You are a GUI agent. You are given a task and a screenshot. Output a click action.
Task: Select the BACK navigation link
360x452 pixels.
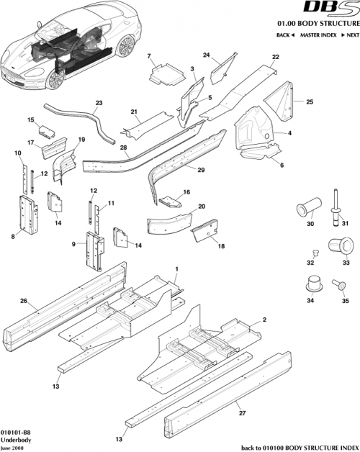point(287,35)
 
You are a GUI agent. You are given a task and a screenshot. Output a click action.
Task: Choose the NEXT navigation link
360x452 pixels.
point(348,35)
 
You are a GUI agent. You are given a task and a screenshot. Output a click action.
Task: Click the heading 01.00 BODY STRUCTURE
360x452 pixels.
point(318,23)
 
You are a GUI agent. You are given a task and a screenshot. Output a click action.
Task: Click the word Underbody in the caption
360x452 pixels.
point(14,438)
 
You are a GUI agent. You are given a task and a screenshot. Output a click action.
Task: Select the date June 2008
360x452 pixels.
point(12,446)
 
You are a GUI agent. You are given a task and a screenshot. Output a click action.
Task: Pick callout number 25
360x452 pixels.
point(310,102)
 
